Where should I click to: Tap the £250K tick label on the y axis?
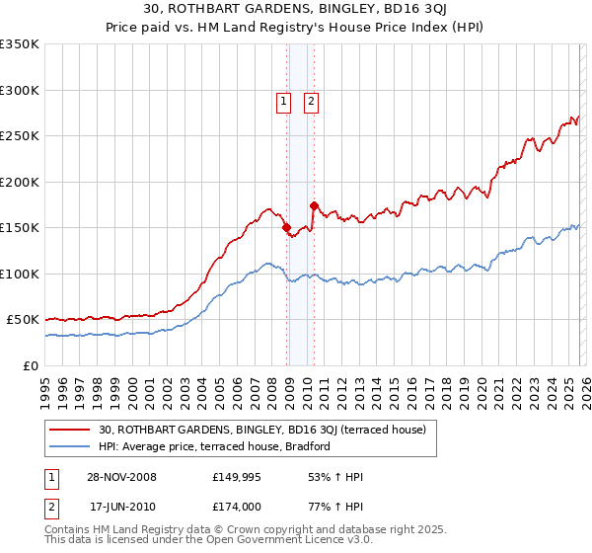tap(20, 136)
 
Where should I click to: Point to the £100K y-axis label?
tap(20, 274)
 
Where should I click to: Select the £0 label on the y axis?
tap(31, 365)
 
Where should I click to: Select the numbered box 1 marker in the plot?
tap(283, 101)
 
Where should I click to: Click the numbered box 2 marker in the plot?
tap(311, 101)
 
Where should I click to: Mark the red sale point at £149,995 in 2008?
tap(287, 228)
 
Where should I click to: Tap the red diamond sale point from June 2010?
tap(314, 205)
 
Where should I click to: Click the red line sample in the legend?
tap(71, 430)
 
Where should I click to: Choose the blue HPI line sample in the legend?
tap(71, 447)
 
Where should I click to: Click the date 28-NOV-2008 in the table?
tap(122, 477)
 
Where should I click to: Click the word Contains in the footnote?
tap(69, 530)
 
